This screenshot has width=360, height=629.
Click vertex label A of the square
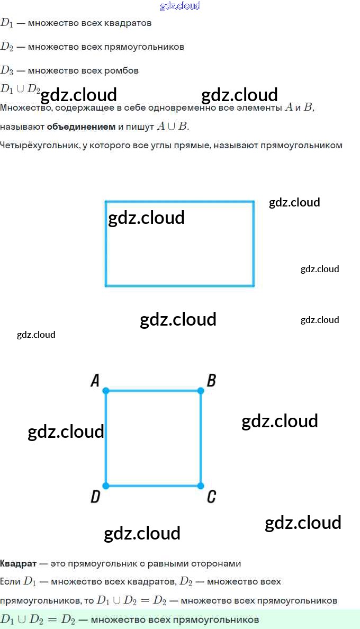95,380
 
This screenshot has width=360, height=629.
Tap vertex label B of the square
211,380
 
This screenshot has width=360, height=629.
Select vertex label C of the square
211,497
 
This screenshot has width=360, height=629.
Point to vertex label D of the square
95,497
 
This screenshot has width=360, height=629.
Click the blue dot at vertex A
106,391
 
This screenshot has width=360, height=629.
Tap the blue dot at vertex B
201,391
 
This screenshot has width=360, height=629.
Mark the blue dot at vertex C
201,486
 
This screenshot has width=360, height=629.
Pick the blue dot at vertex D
106,486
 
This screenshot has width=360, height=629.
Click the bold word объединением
81,127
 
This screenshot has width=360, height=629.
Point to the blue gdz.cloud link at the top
180,6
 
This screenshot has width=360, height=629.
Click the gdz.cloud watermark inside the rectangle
146,218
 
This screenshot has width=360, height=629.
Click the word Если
10,581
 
